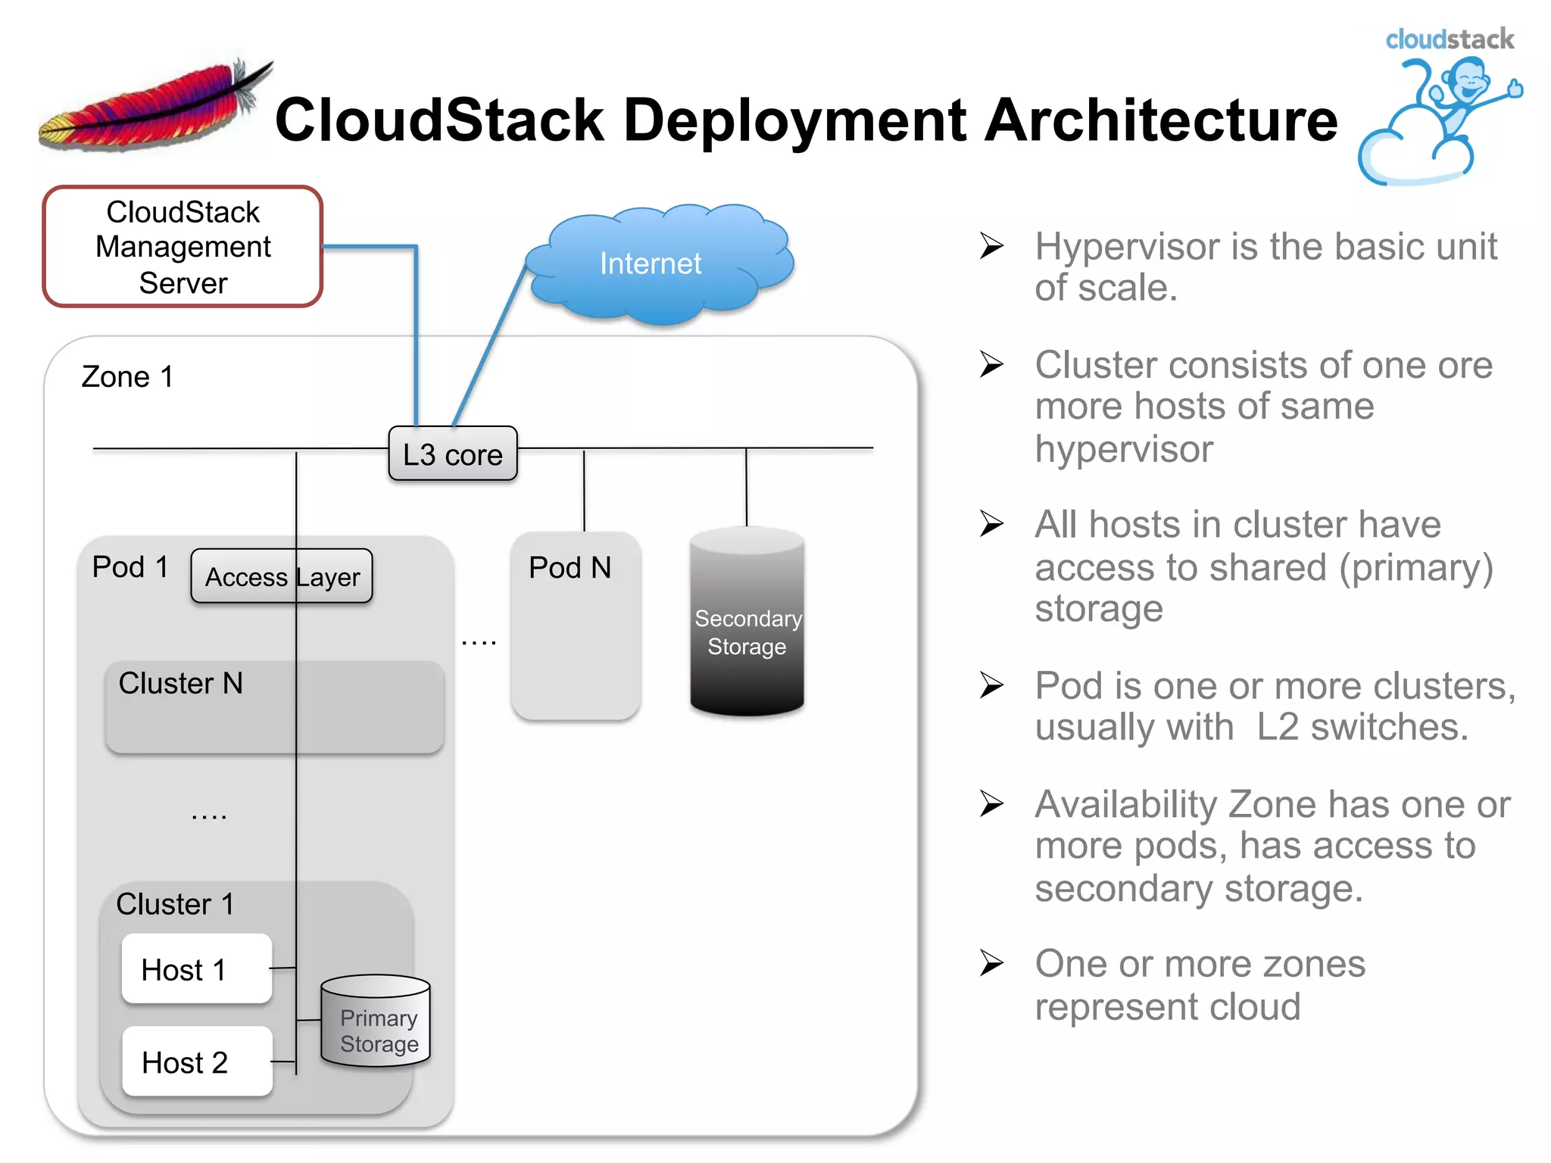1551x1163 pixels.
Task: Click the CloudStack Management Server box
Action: [x=183, y=247]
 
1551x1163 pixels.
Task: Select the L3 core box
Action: [x=453, y=454]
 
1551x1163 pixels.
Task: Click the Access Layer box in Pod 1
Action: [x=281, y=576]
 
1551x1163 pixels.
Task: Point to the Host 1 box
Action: [x=196, y=969]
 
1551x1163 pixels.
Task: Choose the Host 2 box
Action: [x=196, y=1062]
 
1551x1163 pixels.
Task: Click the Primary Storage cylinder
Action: [x=376, y=1022]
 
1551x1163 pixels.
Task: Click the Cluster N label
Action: [x=180, y=683]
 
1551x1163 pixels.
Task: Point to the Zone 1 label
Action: [x=127, y=376]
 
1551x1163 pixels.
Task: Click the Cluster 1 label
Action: [x=174, y=904]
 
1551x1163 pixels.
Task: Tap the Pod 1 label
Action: [x=130, y=566]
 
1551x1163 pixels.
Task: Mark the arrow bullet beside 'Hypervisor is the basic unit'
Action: [x=991, y=245]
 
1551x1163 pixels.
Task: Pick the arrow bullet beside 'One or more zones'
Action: [x=991, y=963]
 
